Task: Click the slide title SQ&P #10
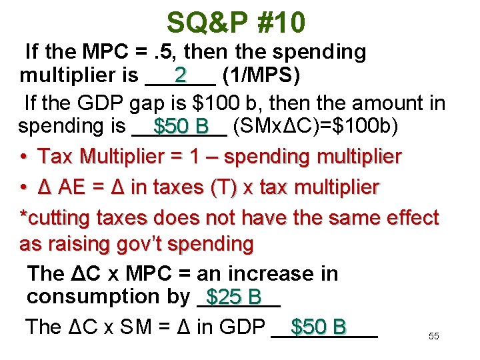236,23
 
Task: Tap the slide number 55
434,337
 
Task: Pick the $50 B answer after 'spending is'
181,126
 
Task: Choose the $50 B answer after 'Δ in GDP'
319,327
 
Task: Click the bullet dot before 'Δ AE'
24,188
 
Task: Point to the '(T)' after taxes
227,188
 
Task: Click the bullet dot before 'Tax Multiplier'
24,157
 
